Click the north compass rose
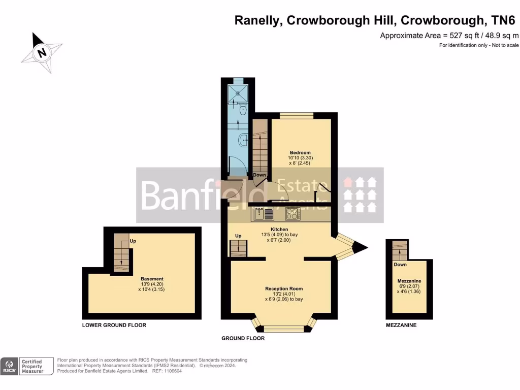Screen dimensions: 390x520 click(x=42, y=52)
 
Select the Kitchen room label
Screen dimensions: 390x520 click(x=279, y=230)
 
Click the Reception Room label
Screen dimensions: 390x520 click(x=284, y=288)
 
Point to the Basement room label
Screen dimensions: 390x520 click(x=152, y=279)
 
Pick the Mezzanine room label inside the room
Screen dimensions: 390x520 click(x=409, y=281)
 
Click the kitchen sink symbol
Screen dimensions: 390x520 click(x=264, y=214)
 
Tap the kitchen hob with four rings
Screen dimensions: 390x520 click(x=293, y=214)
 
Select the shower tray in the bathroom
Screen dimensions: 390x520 click(x=238, y=92)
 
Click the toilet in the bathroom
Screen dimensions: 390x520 click(x=242, y=109)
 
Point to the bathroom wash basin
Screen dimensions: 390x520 click(x=244, y=137)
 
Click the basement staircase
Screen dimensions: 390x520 click(x=121, y=253)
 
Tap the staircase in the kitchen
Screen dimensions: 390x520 click(x=238, y=248)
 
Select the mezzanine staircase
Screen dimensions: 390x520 click(x=400, y=250)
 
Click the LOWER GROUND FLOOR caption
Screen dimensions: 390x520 click(x=114, y=325)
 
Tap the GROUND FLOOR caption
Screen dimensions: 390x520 click(x=243, y=338)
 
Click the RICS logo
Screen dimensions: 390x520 click(x=10, y=366)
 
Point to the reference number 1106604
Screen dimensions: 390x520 click(x=172, y=371)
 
